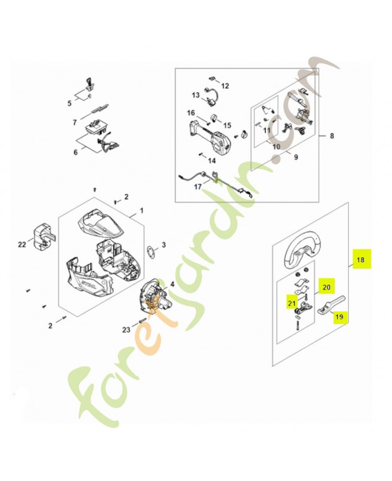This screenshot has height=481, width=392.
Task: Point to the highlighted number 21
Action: pyautogui.click(x=291, y=304)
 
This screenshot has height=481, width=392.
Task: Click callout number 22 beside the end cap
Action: pyautogui.click(x=23, y=244)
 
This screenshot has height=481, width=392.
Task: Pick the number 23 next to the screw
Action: pyautogui.click(x=126, y=329)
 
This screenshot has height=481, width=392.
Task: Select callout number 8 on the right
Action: pyautogui.click(x=331, y=136)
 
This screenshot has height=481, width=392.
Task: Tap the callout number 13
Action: pyautogui.click(x=195, y=95)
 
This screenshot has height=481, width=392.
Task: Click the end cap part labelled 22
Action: pyautogui.click(x=41, y=237)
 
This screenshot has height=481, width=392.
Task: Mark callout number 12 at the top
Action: pyautogui.click(x=225, y=86)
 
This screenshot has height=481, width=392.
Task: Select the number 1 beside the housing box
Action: pyautogui.click(x=141, y=212)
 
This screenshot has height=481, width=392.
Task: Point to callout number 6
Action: pyautogui.click(x=76, y=152)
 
